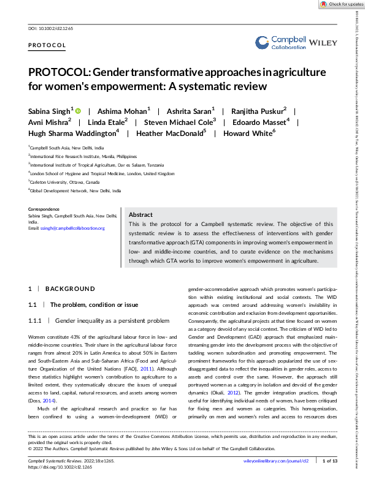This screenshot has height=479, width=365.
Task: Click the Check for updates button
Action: tap(340, 4)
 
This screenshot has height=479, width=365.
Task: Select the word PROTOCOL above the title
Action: tap(47, 46)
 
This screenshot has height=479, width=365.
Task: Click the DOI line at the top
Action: tap(47, 29)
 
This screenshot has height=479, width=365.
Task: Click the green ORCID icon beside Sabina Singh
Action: tap(79, 110)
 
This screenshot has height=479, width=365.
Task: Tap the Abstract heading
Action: tap(140, 215)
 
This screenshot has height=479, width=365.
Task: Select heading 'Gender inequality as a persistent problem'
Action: tap(111, 320)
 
